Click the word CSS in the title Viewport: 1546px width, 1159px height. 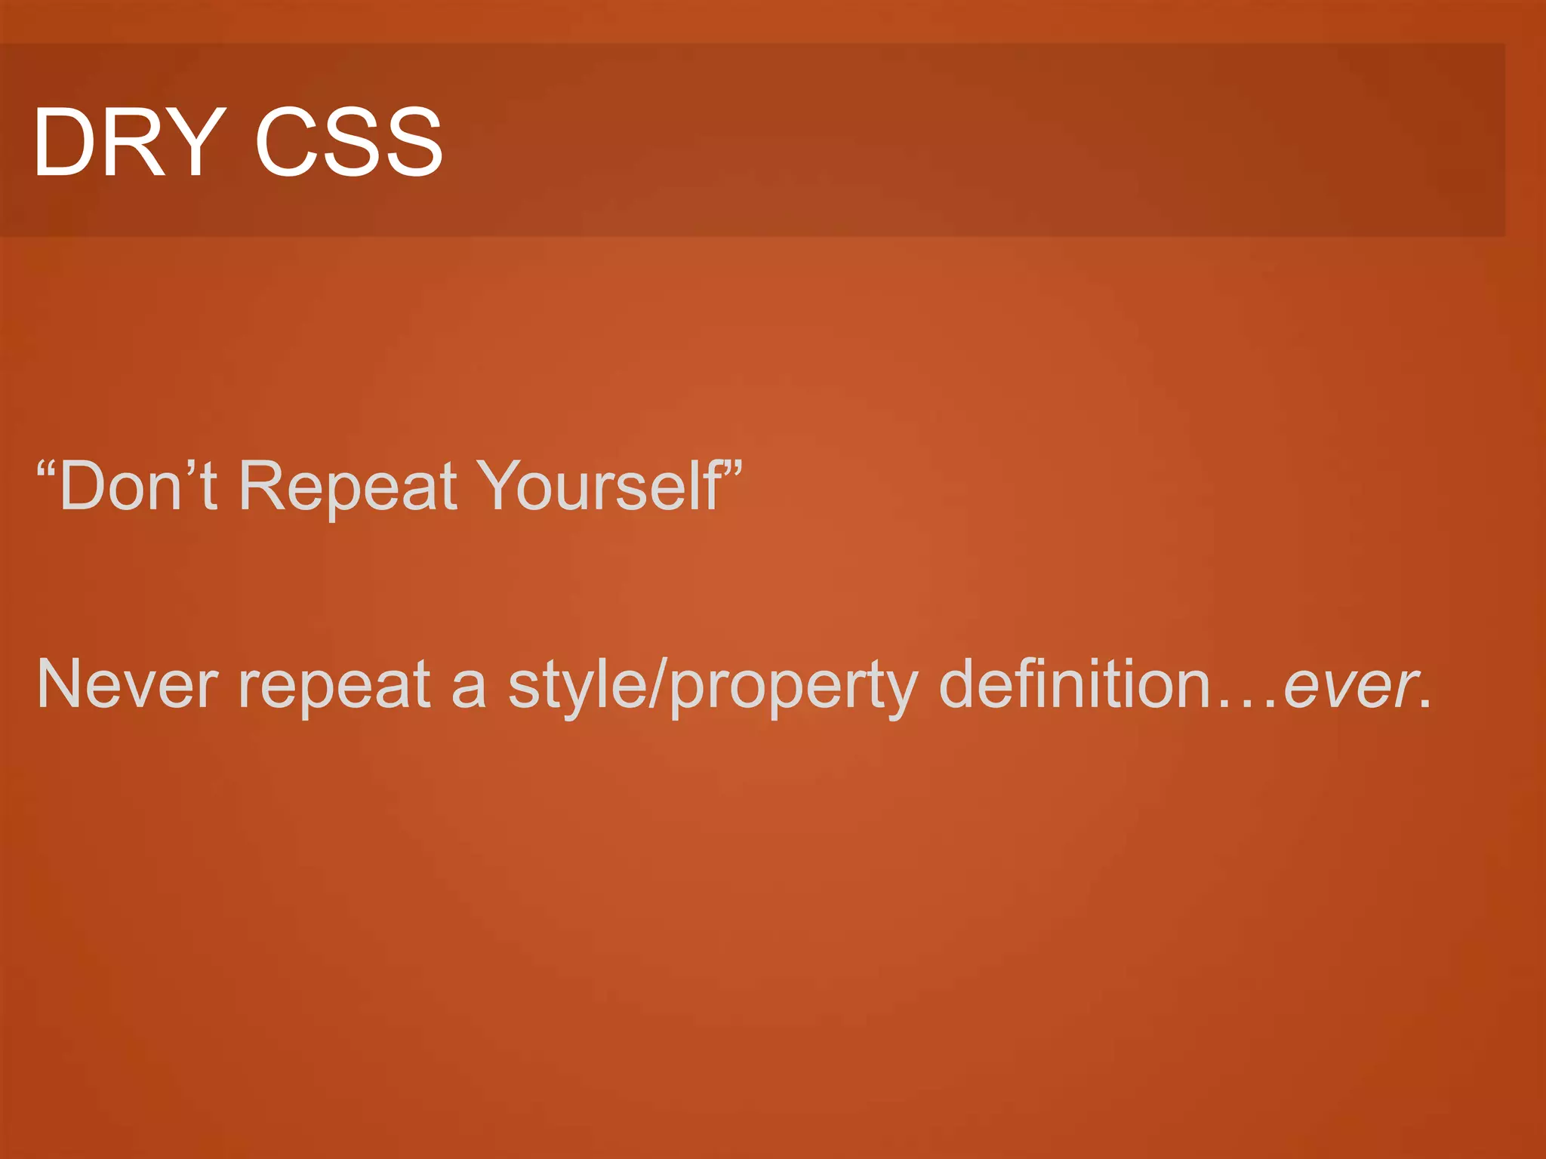click(x=349, y=142)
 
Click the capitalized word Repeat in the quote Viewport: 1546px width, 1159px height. click(x=348, y=487)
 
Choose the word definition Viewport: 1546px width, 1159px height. click(x=1075, y=683)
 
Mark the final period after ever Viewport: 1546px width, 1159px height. click(x=1424, y=705)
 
